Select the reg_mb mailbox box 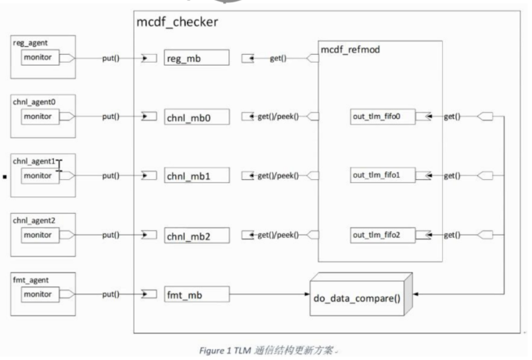click(x=196, y=58)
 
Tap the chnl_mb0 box click(x=196, y=117)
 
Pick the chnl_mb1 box click(x=196, y=175)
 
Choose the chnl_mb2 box click(x=196, y=234)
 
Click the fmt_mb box click(x=196, y=294)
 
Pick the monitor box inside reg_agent click(x=38, y=58)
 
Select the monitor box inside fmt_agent click(x=38, y=294)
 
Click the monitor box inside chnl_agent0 click(x=38, y=117)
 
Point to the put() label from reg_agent click(x=111, y=58)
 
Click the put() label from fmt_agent click(x=111, y=294)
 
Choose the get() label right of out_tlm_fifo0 click(x=451, y=117)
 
